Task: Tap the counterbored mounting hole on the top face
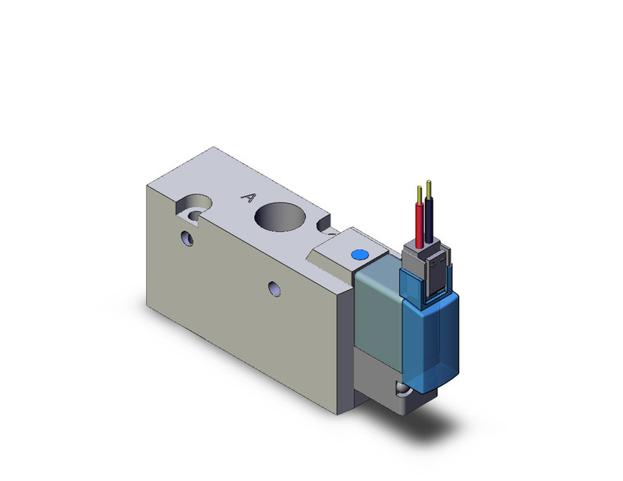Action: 196,205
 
